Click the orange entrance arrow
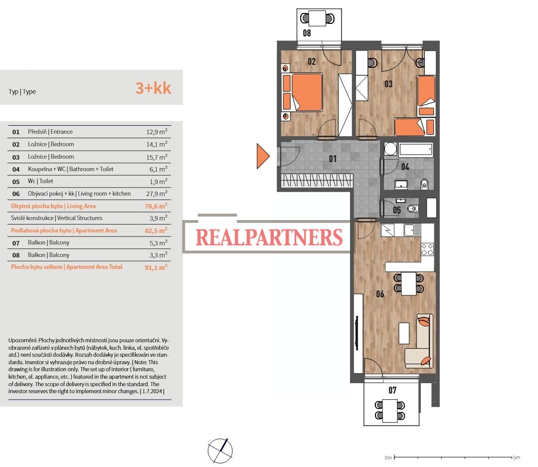tap(262, 156)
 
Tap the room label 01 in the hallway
tap(333, 159)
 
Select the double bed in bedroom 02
tap(303, 92)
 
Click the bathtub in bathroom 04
tap(415, 150)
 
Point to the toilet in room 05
tap(413, 209)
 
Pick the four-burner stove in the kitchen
tap(427, 249)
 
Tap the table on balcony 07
tap(390, 411)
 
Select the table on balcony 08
tap(317, 18)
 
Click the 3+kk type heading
tap(153, 88)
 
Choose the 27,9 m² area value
tap(157, 194)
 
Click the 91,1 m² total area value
tap(156, 267)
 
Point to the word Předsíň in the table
tap(37, 132)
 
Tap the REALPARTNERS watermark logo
tap(269, 237)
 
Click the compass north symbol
tap(220, 451)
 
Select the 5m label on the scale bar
tap(517, 458)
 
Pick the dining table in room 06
tap(409, 283)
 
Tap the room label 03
tap(388, 84)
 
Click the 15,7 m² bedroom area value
tap(157, 157)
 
